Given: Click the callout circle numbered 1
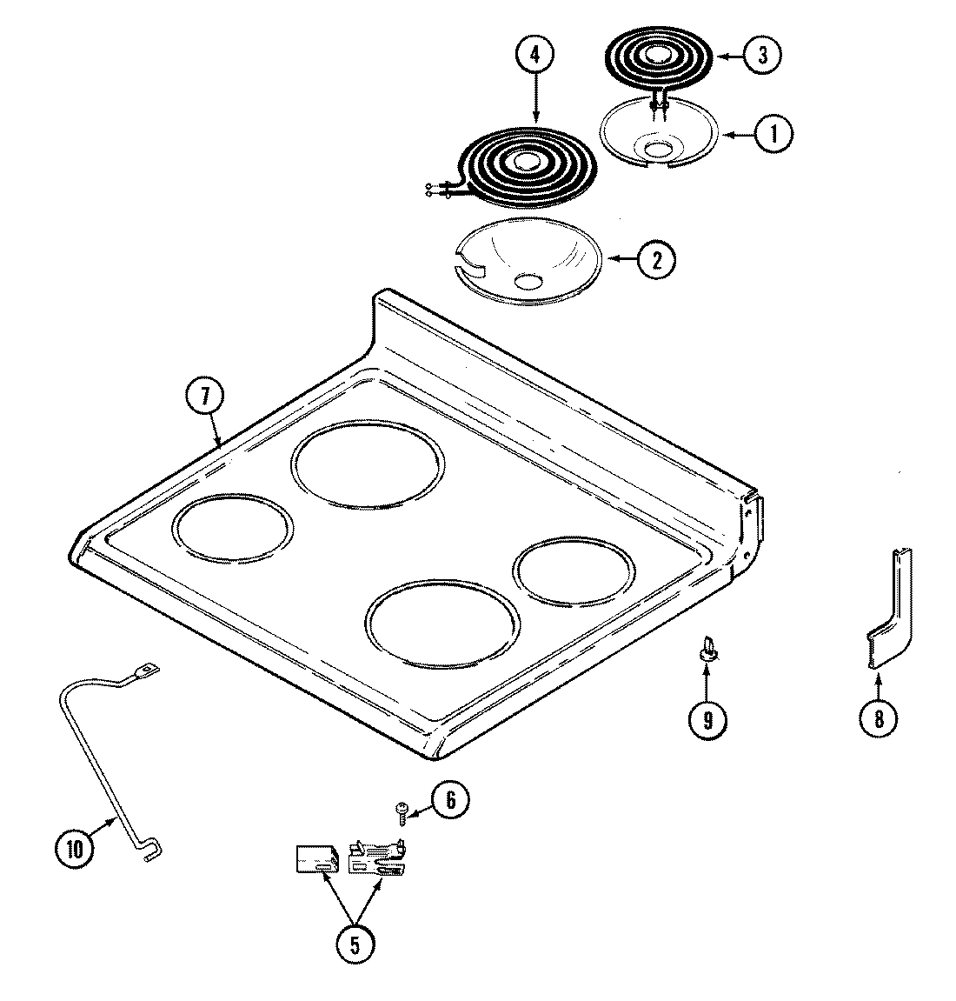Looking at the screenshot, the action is pos(772,133).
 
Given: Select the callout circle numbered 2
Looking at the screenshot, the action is pos(655,258).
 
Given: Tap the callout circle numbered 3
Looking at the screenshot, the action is pos(761,56).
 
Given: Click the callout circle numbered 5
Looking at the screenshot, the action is pos(354,944).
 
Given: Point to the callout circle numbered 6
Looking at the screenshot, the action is pos(449,799).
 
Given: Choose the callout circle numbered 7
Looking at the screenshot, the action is pos(204,397).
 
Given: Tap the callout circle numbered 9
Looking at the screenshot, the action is pos(707,719).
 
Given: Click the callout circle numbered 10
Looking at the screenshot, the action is pos(75,848).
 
